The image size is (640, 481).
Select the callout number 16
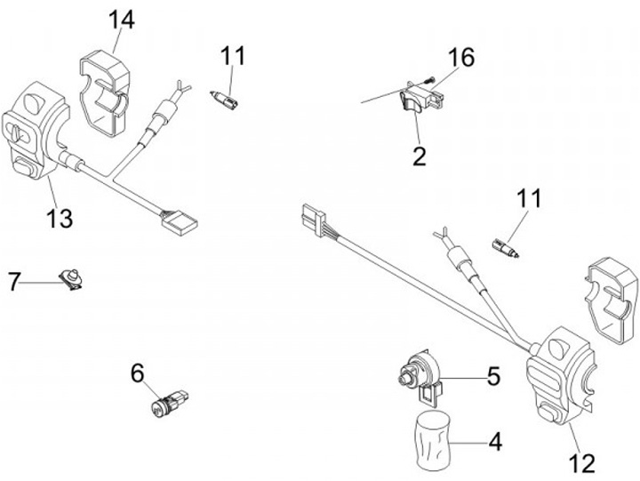click(460, 59)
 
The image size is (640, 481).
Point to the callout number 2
click(419, 156)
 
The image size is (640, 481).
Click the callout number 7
click(13, 283)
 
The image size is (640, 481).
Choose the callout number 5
click(492, 376)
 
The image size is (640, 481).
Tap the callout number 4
click(492, 440)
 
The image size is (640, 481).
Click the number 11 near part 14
click(232, 56)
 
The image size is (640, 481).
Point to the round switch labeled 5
click(419, 373)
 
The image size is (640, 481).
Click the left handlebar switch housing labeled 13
click(37, 133)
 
